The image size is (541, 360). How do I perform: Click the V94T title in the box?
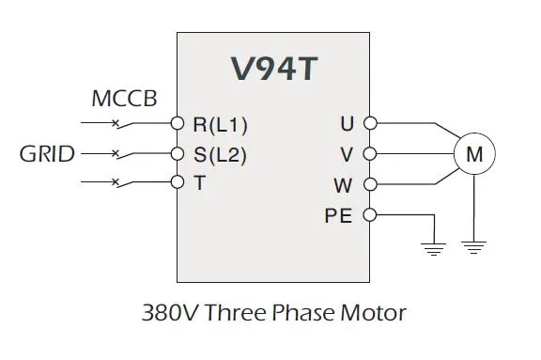point(273,70)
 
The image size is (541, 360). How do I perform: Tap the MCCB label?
point(124,99)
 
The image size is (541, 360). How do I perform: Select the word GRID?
point(47,153)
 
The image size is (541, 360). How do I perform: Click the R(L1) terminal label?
point(220,123)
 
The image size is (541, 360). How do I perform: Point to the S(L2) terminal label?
point(220,153)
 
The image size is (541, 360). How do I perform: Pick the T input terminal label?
point(199,183)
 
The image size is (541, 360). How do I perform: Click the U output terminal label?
point(347,123)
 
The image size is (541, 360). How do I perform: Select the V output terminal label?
point(347,153)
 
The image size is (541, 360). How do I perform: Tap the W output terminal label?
point(344,184)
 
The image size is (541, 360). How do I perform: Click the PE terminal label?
point(338,215)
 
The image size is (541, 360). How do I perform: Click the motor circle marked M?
point(474,153)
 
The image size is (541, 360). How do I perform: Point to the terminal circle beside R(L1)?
point(177,123)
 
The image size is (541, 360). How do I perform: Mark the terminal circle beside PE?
point(369,215)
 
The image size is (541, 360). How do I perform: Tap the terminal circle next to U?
point(369,123)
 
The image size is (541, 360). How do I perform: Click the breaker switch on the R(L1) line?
point(116,122)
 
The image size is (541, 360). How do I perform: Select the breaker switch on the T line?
point(116,182)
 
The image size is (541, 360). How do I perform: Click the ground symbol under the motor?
point(474,248)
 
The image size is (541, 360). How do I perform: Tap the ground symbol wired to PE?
point(433,248)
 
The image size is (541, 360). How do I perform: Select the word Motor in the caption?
point(374,312)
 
